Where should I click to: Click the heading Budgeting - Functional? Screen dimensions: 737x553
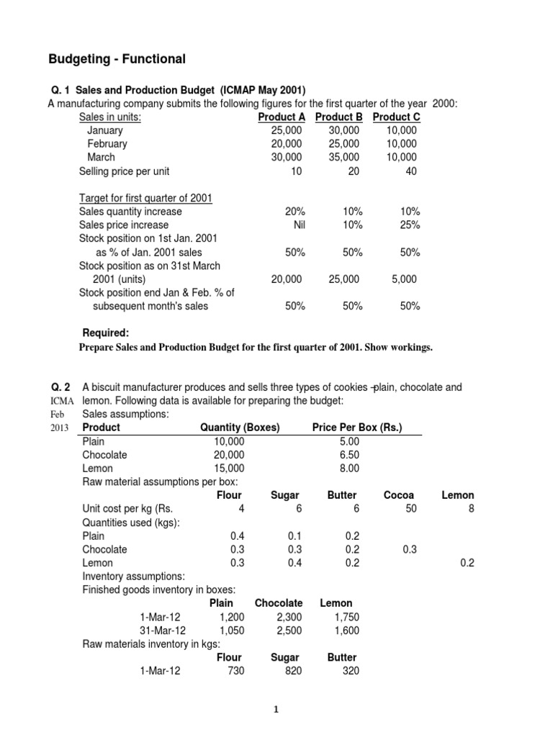coord(116,59)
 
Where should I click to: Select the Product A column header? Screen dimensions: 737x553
coord(281,117)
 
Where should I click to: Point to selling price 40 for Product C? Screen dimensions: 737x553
coord(410,171)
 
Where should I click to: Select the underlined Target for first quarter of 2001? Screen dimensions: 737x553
coord(145,198)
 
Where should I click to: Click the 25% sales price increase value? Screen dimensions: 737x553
coord(410,225)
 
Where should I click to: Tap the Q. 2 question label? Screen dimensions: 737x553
coord(60,387)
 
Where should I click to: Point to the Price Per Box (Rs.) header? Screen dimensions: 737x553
coord(357,428)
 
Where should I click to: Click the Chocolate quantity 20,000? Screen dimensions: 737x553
coord(229,455)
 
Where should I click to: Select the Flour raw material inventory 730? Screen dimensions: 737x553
coord(235,671)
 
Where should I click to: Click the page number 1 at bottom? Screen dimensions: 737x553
coord(276,710)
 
